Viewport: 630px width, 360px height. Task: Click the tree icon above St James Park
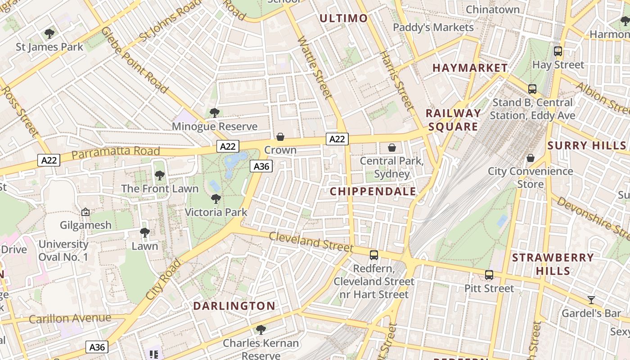pos(49,33)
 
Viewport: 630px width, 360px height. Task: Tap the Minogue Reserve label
pos(215,126)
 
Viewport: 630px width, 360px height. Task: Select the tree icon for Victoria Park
pos(216,198)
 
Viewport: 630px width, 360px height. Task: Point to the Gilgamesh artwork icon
pos(85,211)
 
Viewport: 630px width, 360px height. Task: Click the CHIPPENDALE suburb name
pos(373,192)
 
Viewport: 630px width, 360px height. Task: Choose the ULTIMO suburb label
pos(344,18)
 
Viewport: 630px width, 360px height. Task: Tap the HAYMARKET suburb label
pos(470,68)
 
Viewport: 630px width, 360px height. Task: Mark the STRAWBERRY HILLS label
pos(553,264)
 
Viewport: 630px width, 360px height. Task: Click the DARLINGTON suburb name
pos(234,306)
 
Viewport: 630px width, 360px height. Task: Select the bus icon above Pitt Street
pos(489,274)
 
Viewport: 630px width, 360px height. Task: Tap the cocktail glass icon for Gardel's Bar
pos(591,300)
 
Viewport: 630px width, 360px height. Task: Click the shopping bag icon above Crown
pos(280,136)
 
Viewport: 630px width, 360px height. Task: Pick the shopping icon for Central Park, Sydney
pos(392,147)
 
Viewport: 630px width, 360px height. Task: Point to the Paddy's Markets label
pos(433,27)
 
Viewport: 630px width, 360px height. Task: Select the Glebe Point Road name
pos(134,60)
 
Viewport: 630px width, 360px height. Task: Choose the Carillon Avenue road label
pos(70,319)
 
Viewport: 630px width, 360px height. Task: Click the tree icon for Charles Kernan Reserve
pos(261,330)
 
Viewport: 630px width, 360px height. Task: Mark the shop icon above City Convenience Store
pos(531,158)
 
